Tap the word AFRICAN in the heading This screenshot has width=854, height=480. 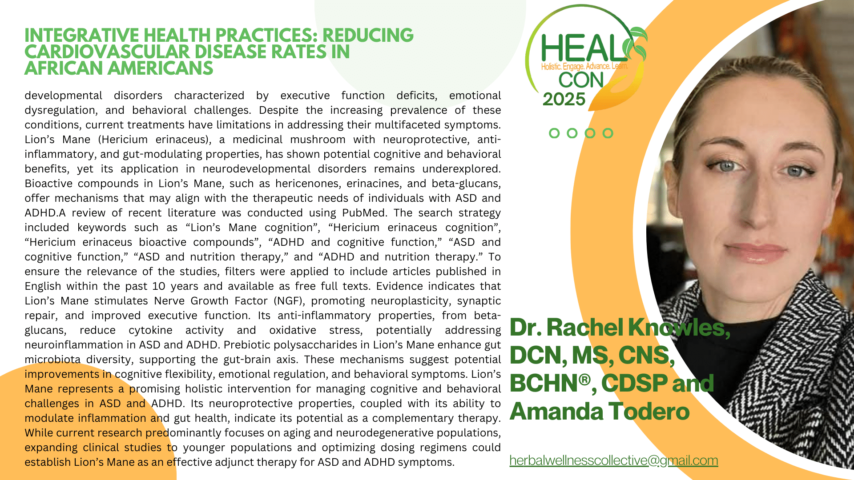[x=64, y=68]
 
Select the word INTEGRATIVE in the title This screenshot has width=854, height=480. [x=82, y=36]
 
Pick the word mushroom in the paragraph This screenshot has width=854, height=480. [x=318, y=140]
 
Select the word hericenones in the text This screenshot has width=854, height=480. [x=307, y=184]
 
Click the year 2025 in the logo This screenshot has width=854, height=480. [x=564, y=99]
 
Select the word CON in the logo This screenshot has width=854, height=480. [x=581, y=80]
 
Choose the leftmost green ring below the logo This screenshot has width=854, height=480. [x=554, y=133]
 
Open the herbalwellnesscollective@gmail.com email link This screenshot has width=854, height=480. [x=614, y=460]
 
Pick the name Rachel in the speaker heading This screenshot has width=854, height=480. [x=584, y=328]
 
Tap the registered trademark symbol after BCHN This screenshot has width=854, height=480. [x=585, y=380]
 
